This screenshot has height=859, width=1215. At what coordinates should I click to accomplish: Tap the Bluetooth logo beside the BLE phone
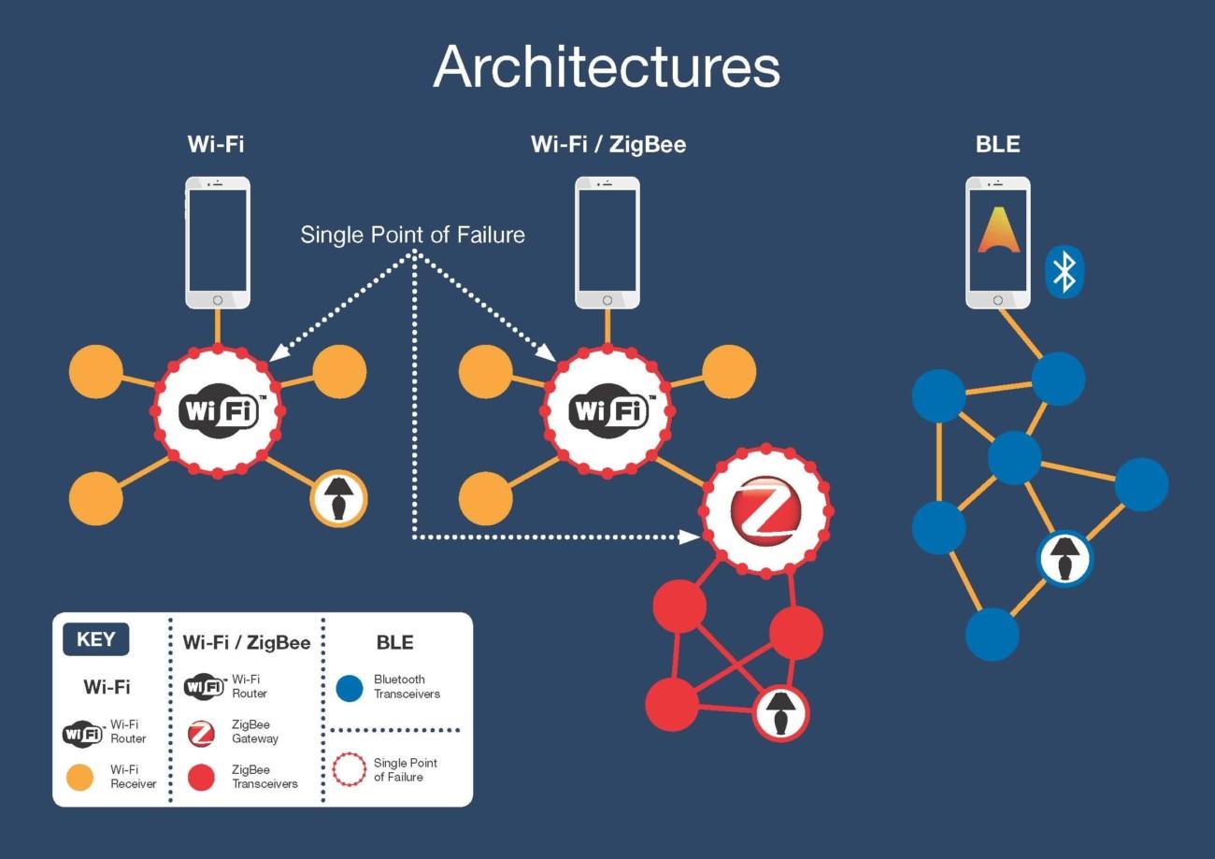(1064, 272)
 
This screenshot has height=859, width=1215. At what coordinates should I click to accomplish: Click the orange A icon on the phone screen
(998, 231)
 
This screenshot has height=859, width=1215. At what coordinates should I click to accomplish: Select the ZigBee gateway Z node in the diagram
(765, 509)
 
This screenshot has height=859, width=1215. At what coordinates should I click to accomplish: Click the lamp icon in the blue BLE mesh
(1065, 559)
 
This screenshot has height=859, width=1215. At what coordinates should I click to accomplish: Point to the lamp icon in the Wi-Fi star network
(338, 498)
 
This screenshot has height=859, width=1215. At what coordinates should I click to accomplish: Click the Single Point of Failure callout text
(412, 235)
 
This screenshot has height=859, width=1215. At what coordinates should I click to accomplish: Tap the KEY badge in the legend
(96, 639)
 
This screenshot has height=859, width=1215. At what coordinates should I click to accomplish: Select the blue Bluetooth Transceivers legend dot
(350, 688)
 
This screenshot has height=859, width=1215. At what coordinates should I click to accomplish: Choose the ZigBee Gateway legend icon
(201, 734)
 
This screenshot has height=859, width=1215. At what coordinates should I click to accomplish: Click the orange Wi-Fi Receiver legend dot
(79, 777)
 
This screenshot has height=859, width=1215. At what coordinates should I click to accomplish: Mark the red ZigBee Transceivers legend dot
(201, 777)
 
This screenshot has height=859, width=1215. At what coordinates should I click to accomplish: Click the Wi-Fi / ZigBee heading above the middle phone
(608, 145)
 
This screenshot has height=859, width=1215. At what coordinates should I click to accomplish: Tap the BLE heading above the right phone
(997, 144)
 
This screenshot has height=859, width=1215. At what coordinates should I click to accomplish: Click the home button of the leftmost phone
(218, 300)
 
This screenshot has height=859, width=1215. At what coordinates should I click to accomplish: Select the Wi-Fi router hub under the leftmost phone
(218, 410)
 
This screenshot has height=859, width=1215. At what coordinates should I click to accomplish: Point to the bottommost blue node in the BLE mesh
(992, 635)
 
